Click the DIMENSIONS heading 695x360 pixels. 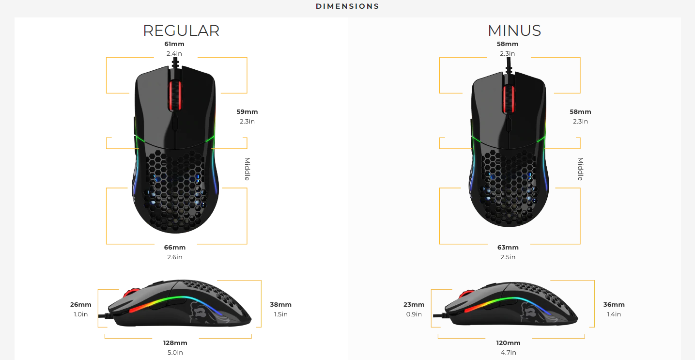(347, 6)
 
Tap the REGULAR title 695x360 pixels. (181, 31)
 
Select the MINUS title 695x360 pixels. (514, 31)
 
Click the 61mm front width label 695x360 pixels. (174, 44)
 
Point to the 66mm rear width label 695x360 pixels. (175, 248)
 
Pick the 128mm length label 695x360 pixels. (175, 343)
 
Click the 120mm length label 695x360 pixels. (508, 343)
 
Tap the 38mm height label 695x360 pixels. (281, 305)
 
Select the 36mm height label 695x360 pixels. (614, 305)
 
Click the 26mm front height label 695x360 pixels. (81, 305)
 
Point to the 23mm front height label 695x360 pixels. (414, 305)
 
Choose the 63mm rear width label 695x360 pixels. (508, 248)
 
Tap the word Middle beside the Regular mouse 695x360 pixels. (247, 169)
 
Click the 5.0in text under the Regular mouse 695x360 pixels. (175, 353)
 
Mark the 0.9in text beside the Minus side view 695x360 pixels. (414, 314)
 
